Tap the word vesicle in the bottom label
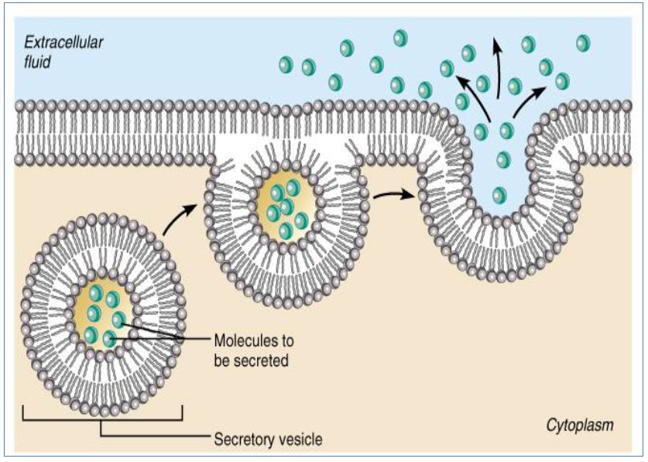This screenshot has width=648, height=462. tap(299, 440)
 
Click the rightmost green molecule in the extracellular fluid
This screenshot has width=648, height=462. tap(585, 43)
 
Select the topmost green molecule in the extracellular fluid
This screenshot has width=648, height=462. tap(400, 37)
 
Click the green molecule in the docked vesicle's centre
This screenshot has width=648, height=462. tap(286, 207)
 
